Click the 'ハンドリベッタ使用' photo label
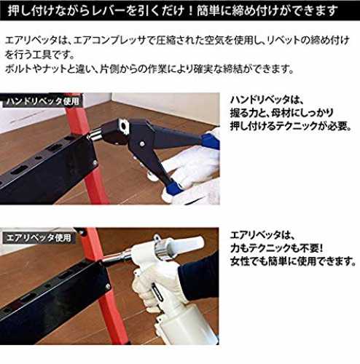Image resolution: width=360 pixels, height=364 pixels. coord(42,101)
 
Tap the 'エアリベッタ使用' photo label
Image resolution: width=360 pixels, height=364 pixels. coord(39,237)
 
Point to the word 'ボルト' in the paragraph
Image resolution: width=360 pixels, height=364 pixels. coord(19,69)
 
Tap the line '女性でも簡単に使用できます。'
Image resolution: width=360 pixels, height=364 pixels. coord(293,261)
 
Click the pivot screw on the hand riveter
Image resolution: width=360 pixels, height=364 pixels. coord(141,144)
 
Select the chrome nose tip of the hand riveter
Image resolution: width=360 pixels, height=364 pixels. coord(95,134)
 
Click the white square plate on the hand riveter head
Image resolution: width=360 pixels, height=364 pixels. coord(124,124)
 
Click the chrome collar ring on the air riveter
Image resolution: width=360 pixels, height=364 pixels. coord(163,249)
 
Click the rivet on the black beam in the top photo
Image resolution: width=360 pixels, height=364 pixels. coord(95,162)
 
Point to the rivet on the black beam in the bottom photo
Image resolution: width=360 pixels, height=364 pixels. coord(107,288)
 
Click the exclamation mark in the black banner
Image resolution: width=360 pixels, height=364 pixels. coord(190,11)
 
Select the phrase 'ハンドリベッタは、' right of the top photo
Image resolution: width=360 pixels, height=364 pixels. coord(266,100)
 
